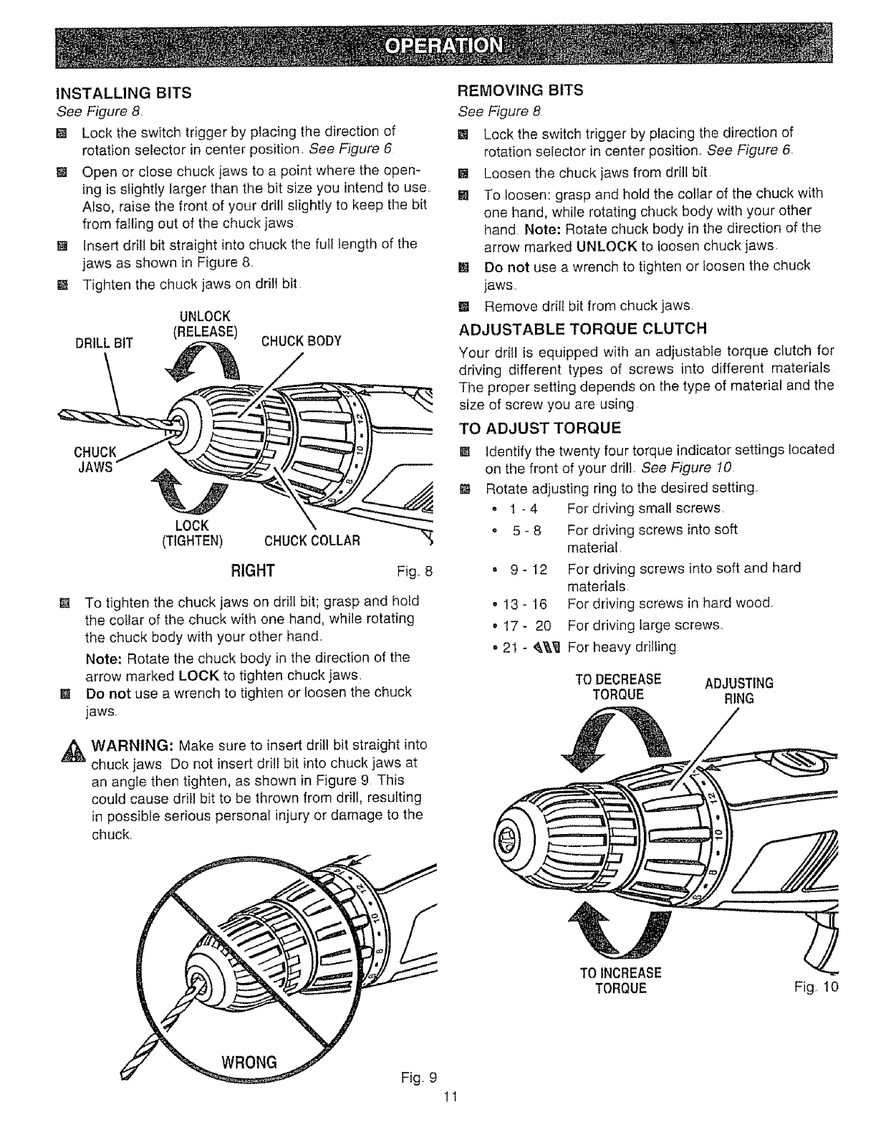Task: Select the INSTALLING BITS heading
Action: pyautogui.click(x=124, y=92)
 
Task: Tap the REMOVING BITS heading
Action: pyautogui.click(x=521, y=90)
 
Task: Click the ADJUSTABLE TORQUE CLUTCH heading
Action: pyautogui.click(x=582, y=329)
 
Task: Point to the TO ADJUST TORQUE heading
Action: pyautogui.click(x=539, y=429)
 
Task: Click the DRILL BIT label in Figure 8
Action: pyautogui.click(x=104, y=342)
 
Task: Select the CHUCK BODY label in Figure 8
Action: pyautogui.click(x=301, y=340)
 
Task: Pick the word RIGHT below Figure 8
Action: pyautogui.click(x=251, y=570)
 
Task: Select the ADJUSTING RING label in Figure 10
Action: pyautogui.click(x=739, y=690)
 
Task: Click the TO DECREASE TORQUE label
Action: pyautogui.click(x=619, y=686)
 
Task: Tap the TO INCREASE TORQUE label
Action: pyautogui.click(x=620, y=981)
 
